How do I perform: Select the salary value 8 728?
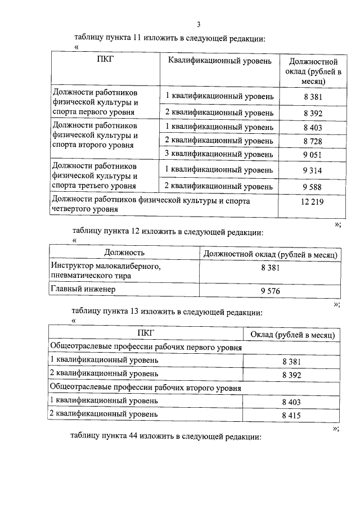click(312, 140)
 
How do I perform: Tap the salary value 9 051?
click(312, 154)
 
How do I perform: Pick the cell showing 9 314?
click(312, 169)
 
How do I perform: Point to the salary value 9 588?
click(312, 185)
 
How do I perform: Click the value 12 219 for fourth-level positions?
click(312, 201)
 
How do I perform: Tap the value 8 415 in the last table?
click(291, 415)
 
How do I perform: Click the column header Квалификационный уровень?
click(219, 60)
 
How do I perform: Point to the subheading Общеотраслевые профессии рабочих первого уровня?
click(146, 348)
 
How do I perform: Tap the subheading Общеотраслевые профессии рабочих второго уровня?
click(146, 388)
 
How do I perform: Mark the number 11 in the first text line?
click(137, 38)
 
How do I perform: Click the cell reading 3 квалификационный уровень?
click(219, 154)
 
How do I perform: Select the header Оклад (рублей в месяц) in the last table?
click(292, 335)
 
